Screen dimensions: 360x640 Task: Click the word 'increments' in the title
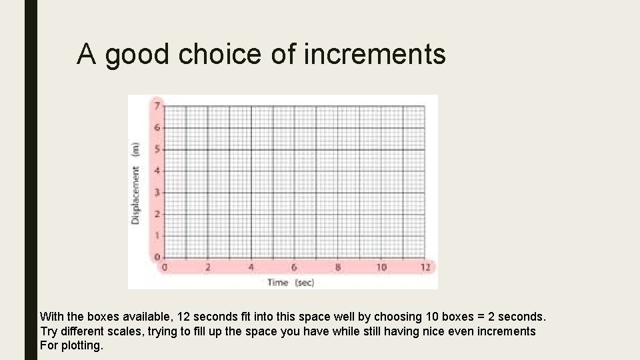coord(375,54)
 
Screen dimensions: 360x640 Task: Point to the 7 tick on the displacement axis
coord(157,105)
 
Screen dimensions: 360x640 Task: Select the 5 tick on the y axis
coord(157,149)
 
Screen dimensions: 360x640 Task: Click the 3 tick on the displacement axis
coord(157,192)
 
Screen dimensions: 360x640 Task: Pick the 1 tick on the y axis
coord(157,235)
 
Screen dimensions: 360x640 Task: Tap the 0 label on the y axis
coord(157,257)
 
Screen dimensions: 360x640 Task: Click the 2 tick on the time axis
coord(207,267)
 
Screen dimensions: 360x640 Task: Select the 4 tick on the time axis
coord(251,267)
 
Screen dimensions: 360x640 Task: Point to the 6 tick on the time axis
coord(294,267)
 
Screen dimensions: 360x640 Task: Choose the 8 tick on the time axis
coord(337,267)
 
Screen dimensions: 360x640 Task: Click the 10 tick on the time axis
coord(381,267)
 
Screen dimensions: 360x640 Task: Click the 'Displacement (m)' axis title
coord(135,183)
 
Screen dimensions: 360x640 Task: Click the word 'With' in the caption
coord(52,316)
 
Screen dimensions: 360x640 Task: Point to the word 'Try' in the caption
coord(49,331)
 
